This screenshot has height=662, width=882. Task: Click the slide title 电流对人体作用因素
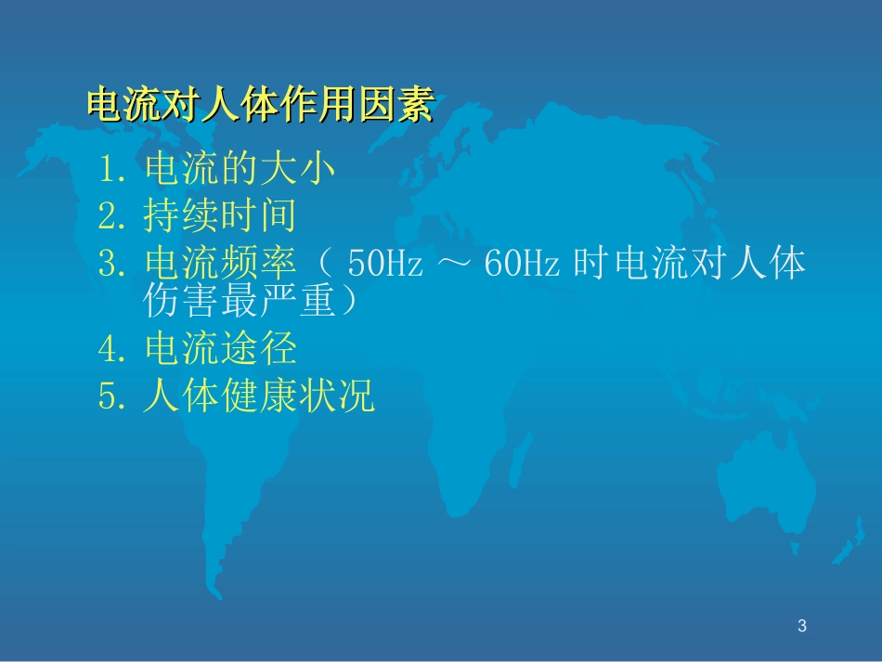tap(259, 105)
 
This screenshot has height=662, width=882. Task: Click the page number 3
tap(802, 627)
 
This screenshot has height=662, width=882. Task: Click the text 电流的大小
tap(240, 170)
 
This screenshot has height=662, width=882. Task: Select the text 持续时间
tap(220, 216)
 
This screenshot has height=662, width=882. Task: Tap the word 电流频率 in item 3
tap(220, 265)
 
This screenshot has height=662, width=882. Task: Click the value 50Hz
tap(384, 266)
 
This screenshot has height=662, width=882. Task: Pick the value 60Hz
tap(521, 266)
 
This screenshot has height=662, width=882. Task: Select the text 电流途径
tap(220, 349)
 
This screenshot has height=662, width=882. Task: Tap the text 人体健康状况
tap(259, 396)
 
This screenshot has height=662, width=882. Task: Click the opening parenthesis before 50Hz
tap(326, 266)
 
